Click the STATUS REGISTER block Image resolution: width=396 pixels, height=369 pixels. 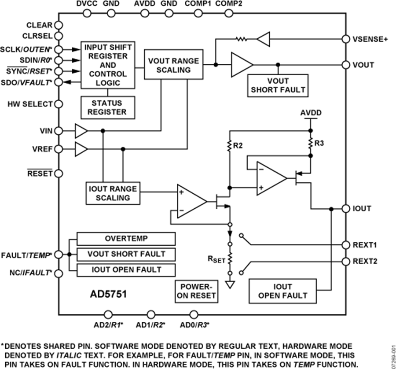[107, 107]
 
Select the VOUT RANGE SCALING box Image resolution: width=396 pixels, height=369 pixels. [173, 66]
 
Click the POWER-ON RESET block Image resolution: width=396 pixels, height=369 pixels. [195, 291]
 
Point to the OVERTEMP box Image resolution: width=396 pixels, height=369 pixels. [126, 238]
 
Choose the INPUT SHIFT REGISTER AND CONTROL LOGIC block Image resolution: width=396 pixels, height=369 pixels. [107, 65]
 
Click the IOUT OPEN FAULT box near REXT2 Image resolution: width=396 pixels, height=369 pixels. [282, 291]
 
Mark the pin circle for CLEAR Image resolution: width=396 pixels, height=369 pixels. [58, 25]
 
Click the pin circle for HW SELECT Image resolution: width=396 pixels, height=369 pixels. [58, 104]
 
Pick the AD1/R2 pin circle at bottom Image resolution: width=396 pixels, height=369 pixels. [151, 314]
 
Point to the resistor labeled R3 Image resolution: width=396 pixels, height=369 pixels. [311, 143]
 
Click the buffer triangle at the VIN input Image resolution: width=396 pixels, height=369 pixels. [81, 131]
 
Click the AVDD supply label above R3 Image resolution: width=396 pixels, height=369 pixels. [311, 113]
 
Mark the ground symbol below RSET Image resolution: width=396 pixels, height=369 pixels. [229, 285]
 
